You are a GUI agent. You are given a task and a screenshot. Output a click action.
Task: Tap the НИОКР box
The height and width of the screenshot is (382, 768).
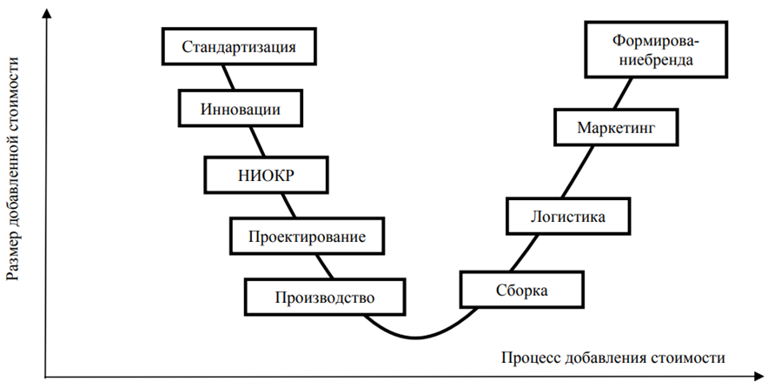tap(267, 174)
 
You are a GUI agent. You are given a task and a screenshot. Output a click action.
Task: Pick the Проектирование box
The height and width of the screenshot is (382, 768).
tap(306, 235)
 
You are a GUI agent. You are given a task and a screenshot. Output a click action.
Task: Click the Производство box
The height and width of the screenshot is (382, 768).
tap(324, 297)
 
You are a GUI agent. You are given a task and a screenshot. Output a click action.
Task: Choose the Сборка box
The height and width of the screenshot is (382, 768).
tap(522, 290)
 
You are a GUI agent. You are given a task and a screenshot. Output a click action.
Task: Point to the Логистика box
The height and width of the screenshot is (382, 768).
tap(567, 216)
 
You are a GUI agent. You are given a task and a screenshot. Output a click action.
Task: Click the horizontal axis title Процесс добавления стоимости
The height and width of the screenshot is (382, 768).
tap(612, 358)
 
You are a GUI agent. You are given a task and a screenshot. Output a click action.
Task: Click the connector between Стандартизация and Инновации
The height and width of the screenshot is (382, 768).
tap(230, 77)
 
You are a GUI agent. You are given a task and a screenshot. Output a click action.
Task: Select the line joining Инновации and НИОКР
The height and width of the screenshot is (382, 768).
tap(257, 141)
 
